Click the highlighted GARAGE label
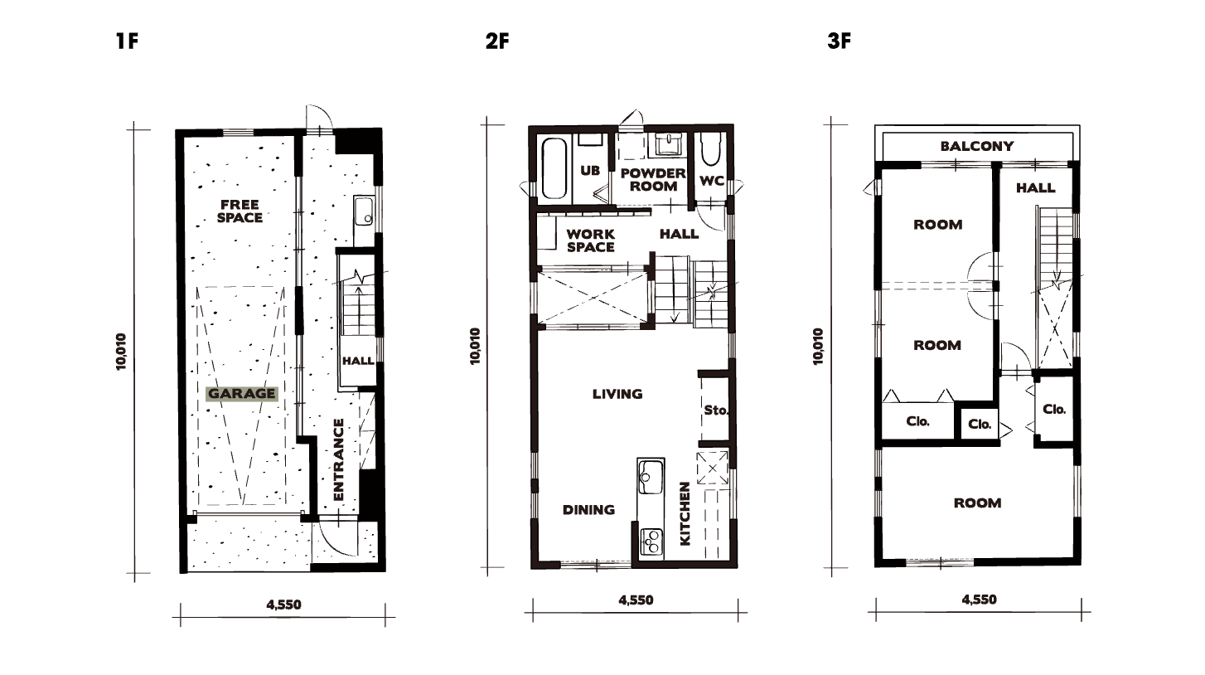[242, 394]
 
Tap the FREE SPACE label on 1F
[240, 211]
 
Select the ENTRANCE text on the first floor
[338, 459]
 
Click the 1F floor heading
[128, 41]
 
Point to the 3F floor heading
[840, 41]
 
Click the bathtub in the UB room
[554, 169]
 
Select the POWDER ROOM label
[653, 180]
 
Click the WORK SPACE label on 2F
[591, 240]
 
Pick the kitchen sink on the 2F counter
[651, 476]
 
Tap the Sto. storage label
[716, 410]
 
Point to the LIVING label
[617, 394]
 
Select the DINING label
[588, 510]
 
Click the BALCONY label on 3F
[977, 146]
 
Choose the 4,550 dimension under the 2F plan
[636, 600]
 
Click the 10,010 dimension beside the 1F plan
[120, 352]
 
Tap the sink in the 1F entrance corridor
[364, 211]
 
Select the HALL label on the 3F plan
[1036, 188]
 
